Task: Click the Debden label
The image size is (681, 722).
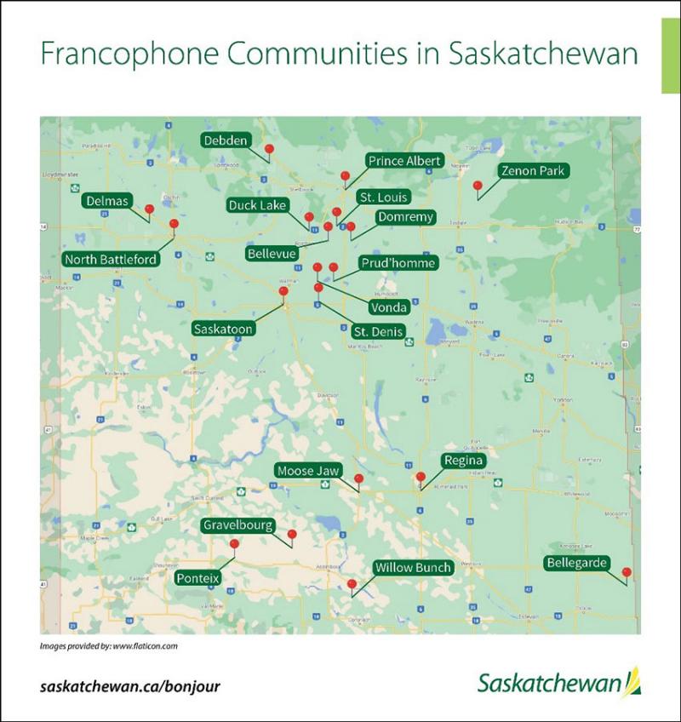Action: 226,140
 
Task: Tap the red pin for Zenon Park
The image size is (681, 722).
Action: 478,185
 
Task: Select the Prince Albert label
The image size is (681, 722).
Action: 404,161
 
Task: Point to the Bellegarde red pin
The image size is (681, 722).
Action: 627,572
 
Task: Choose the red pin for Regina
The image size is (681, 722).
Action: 420,477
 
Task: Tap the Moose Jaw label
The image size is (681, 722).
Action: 308,471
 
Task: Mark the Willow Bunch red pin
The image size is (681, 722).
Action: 352,584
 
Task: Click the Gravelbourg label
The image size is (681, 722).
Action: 237,525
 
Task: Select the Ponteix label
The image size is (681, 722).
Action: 198,578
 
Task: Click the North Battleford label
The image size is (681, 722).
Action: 112,259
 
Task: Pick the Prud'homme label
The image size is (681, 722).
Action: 398,263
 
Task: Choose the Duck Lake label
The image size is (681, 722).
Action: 258,205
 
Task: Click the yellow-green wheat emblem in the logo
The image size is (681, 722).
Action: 631,682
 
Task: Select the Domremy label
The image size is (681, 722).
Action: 405,217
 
